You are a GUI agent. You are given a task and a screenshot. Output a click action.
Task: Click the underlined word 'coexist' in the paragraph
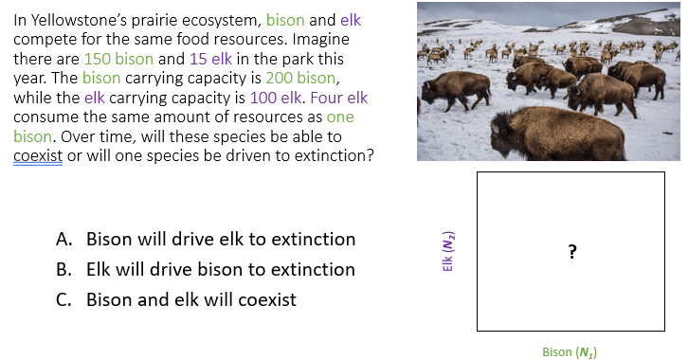[37, 156]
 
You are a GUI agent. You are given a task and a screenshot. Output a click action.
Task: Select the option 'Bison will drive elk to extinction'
[221, 240]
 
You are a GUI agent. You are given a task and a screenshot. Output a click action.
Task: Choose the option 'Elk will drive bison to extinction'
[221, 270]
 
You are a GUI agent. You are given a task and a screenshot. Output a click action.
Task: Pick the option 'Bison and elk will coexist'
[190, 300]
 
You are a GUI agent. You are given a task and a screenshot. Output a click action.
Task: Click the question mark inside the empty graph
[570, 251]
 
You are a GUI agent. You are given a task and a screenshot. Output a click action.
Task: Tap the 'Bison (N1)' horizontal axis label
[570, 351]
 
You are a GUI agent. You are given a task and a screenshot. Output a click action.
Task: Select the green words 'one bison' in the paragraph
[339, 117]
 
